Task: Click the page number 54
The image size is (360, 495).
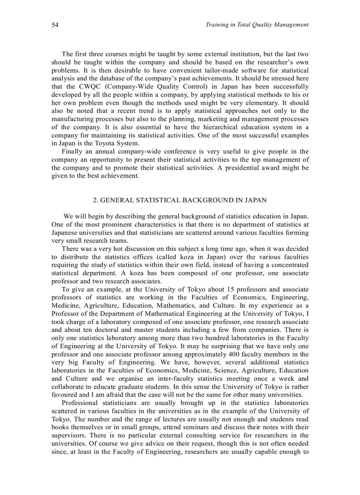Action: (x=55, y=25)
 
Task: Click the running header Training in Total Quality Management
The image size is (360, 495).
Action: (x=257, y=25)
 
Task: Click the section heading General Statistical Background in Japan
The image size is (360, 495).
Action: (x=180, y=200)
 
